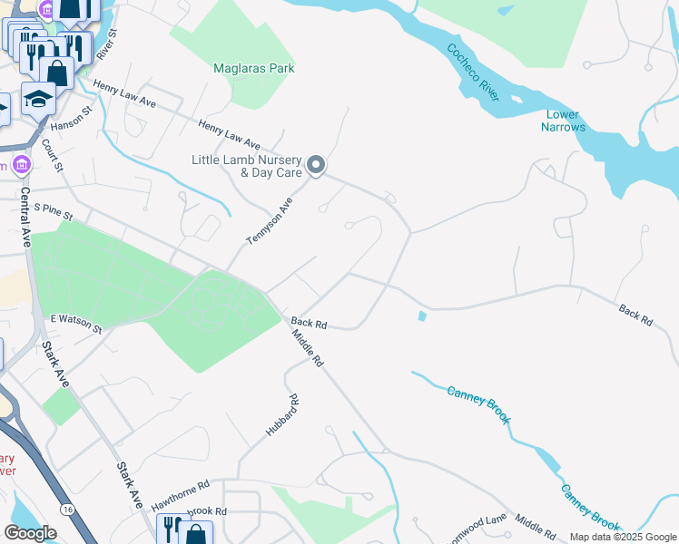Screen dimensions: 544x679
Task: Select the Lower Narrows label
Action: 564,121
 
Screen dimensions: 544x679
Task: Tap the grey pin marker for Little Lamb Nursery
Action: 316,164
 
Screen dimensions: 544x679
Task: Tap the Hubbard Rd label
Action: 281,416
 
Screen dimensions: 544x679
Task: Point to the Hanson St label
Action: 72,119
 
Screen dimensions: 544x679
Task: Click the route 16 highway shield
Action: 69,510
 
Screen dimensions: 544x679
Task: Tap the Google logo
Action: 30,533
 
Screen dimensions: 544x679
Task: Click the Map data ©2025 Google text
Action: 623,537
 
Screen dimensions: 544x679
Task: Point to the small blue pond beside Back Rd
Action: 421,316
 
